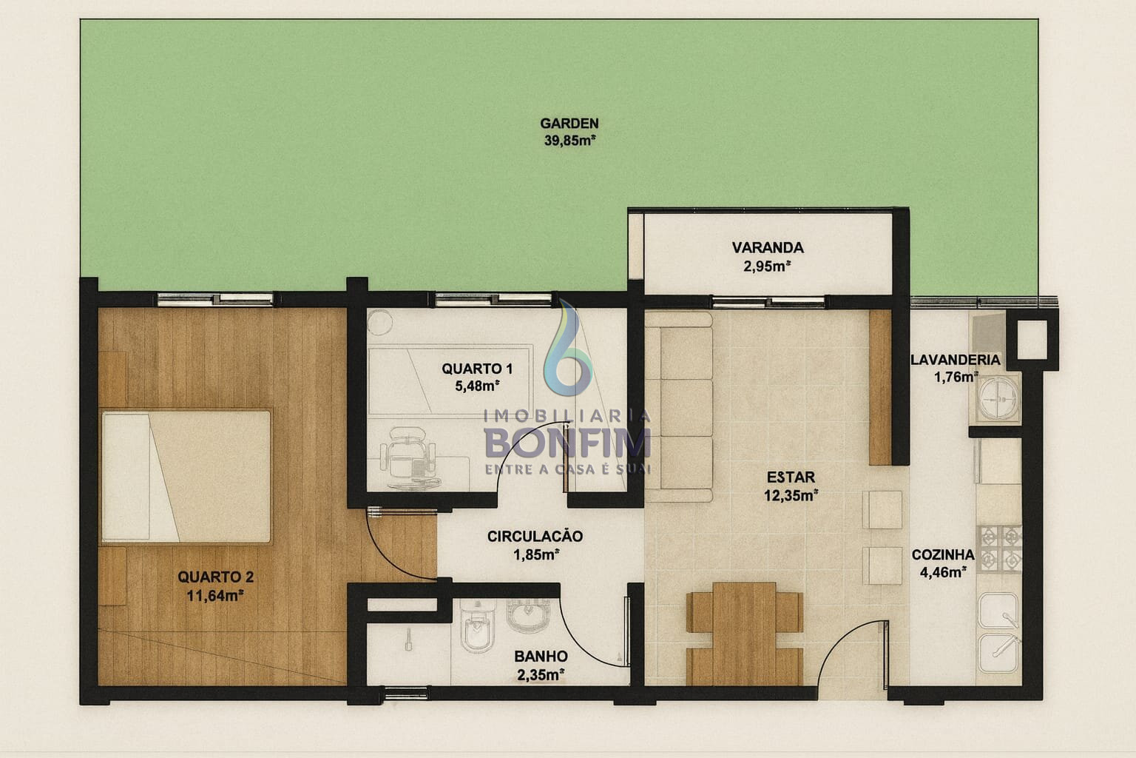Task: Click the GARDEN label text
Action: (x=569, y=124)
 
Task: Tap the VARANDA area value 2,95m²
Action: (x=767, y=266)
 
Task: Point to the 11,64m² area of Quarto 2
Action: (x=215, y=596)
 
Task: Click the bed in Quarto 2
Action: (x=186, y=477)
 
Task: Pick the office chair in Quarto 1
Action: (x=408, y=457)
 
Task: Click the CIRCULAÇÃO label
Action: (x=535, y=536)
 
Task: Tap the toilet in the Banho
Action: (x=477, y=628)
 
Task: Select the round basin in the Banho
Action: (x=528, y=615)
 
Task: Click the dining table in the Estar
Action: (x=744, y=634)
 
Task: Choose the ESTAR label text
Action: (x=791, y=477)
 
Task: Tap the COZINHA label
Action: (x=943, y=555)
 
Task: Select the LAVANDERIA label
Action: (x=956, y=360)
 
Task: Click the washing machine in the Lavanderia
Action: (x=998, y=398)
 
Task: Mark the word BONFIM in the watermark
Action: (x=567, y=443)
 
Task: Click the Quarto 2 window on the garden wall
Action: (x=215, y=300)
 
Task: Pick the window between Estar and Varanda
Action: (x=769, y=303)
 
